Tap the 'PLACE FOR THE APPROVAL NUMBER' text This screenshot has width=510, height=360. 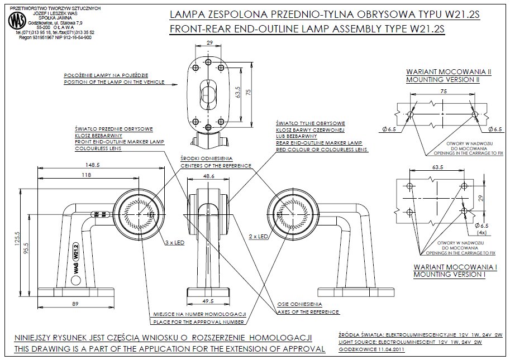(x=198, y=322)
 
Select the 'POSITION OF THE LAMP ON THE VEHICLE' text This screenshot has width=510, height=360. (x=114, y=82)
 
